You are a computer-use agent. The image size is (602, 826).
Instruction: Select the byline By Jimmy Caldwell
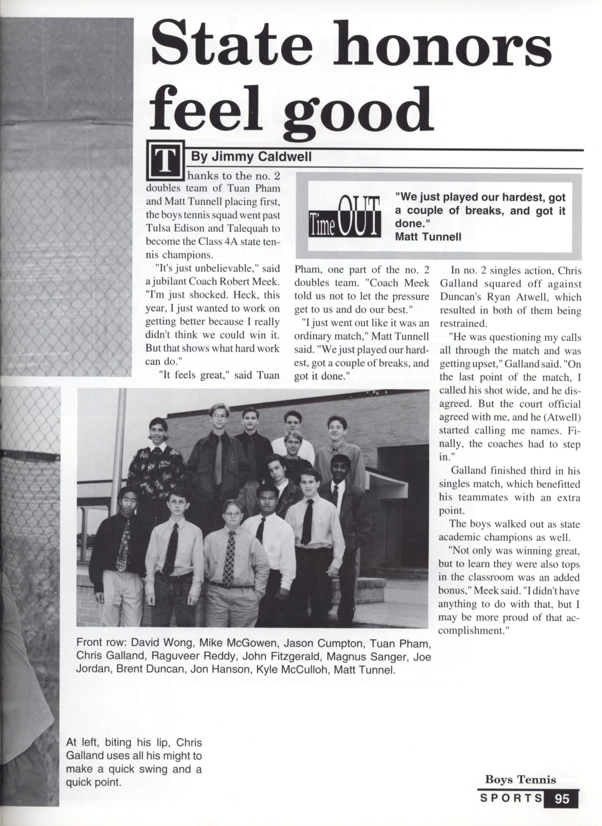[251, 157]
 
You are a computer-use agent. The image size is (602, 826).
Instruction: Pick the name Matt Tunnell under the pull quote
[428, 237]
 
